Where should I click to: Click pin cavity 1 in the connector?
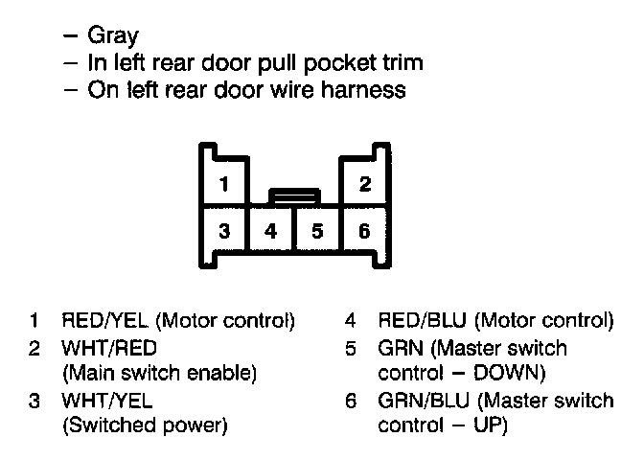pos(223,183)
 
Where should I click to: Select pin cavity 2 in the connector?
pos(364,183)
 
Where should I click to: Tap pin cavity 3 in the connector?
pos(223,231)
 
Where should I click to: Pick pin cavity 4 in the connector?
pos(271,231)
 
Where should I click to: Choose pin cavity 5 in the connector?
pos(317,231)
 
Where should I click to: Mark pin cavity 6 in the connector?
pos(364,231)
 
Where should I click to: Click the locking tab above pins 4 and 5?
pos(294,196)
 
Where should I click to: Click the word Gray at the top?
pos(113,37)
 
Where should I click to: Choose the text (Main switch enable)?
pos(159,372)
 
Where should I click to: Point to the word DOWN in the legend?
pos(509,372)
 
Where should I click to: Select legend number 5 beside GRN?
pos(352,347)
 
